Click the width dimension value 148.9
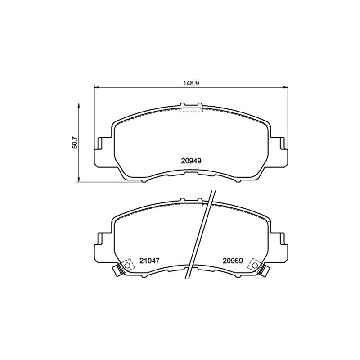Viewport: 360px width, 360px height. pyautogui.click(x=191, y=83)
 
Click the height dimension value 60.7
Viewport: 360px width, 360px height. pyautogui.click(x=75, y=143)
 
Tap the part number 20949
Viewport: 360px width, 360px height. pyautogui.click(x=191, y=161)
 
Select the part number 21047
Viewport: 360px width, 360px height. pyautogui.click(x=149, y=261)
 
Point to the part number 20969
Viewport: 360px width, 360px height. pyautogui.click(x=233, y=261)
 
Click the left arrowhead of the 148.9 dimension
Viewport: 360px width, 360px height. pyautogui.click(x=96, y=87)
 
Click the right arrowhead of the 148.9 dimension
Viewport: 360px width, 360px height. pyautogui.click(x=285, y=87)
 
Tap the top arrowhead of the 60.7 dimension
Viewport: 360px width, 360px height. pyautogui.click(x=79, y=105)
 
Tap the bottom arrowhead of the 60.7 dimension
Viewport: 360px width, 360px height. pyautogui.click(x=79, y=180)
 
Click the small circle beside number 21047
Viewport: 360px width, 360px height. pyautogui.click(x=127, y=265)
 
